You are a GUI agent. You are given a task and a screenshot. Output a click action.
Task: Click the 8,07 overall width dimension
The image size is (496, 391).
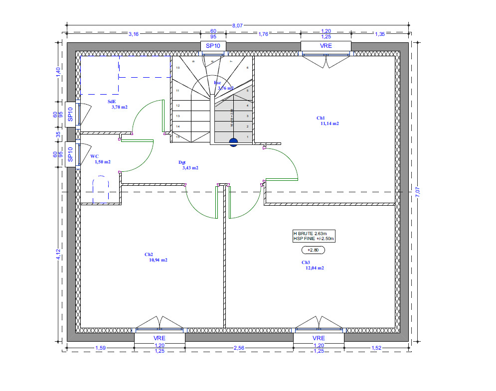(238, 25)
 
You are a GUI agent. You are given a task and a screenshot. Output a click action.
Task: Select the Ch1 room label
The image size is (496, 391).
(321, 118)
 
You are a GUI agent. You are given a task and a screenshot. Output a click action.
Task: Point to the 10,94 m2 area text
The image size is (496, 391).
(158, 260)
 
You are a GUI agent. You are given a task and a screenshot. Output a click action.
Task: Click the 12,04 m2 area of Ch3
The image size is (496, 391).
(315, 268)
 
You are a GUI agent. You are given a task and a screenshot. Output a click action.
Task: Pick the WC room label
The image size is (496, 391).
(94, 156)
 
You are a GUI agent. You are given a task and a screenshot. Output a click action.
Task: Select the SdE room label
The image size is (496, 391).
(112, 101)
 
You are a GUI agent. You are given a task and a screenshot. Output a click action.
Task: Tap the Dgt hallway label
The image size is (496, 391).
(182, 162)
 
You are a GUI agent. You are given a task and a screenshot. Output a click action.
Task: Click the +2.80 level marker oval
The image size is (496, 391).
(313, 250)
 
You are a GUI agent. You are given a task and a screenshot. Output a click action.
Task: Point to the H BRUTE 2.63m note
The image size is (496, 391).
(310, 233)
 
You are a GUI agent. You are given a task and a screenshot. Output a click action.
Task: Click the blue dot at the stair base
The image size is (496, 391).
(233, 142)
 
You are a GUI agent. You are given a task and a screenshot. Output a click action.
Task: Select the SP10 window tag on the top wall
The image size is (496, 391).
(213, 46)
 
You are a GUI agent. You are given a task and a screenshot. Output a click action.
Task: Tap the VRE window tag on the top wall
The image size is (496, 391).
(326, 46)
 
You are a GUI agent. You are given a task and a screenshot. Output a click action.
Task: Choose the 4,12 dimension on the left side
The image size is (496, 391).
(58, 255)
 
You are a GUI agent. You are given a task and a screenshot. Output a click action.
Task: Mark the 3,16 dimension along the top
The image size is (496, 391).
(134, 34)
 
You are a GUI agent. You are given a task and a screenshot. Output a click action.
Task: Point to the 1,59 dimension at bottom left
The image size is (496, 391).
(100, 347)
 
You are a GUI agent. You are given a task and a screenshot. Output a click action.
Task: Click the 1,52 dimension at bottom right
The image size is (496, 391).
(376, 347)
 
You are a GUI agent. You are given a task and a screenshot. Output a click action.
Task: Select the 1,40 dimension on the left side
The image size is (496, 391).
(58, 71)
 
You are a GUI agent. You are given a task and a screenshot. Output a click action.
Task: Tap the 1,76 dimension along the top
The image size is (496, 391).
(263, 34)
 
